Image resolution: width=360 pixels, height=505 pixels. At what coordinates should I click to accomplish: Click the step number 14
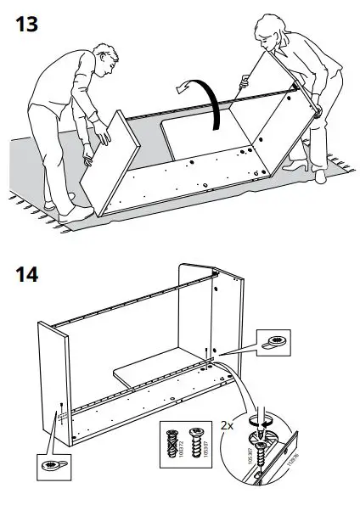click(28, 275)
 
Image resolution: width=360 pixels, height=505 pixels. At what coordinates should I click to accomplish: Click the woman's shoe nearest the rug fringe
click(318, 176)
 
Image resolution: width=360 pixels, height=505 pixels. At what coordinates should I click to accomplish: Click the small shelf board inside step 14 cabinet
click(149, 368)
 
